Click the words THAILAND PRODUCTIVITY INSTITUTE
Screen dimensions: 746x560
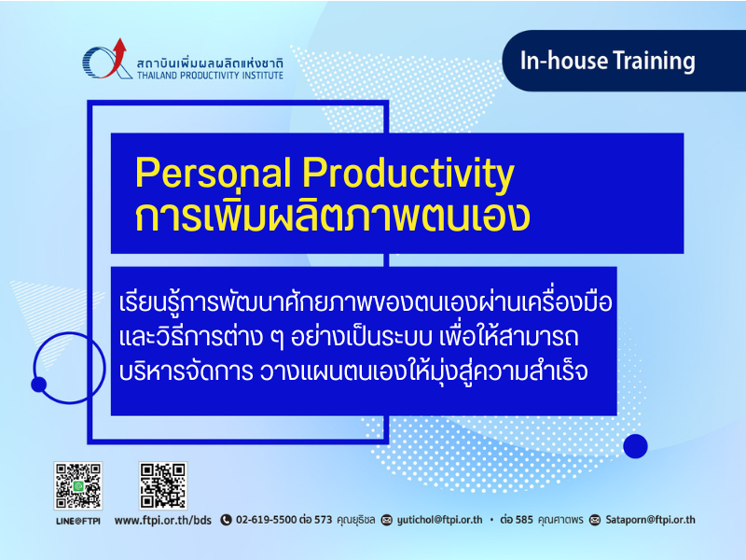(211, 76)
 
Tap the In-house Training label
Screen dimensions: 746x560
(608, 62)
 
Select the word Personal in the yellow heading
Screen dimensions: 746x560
(214, 173)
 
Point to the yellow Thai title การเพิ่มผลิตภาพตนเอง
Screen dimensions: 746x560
(332, 217)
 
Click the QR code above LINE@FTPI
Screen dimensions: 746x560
(78, 485)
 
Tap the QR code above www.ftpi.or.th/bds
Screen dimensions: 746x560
(163, 485)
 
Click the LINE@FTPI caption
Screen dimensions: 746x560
(78, 521)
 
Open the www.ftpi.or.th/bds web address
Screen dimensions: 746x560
(162, 521)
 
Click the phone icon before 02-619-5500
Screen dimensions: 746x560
(226, 520)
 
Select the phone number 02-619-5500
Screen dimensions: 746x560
(267, 520)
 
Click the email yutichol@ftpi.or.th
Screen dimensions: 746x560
(439, 520)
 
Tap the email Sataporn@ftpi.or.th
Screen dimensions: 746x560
(650, 520)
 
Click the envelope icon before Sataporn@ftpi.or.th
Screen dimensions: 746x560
(595, 520)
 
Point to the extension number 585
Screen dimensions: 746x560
(524, 520)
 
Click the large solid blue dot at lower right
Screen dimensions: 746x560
(635, 446)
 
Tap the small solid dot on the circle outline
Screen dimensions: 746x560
(38, 385)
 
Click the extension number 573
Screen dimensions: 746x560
(323, 520)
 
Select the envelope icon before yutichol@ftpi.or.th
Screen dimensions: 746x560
(387, 520)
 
